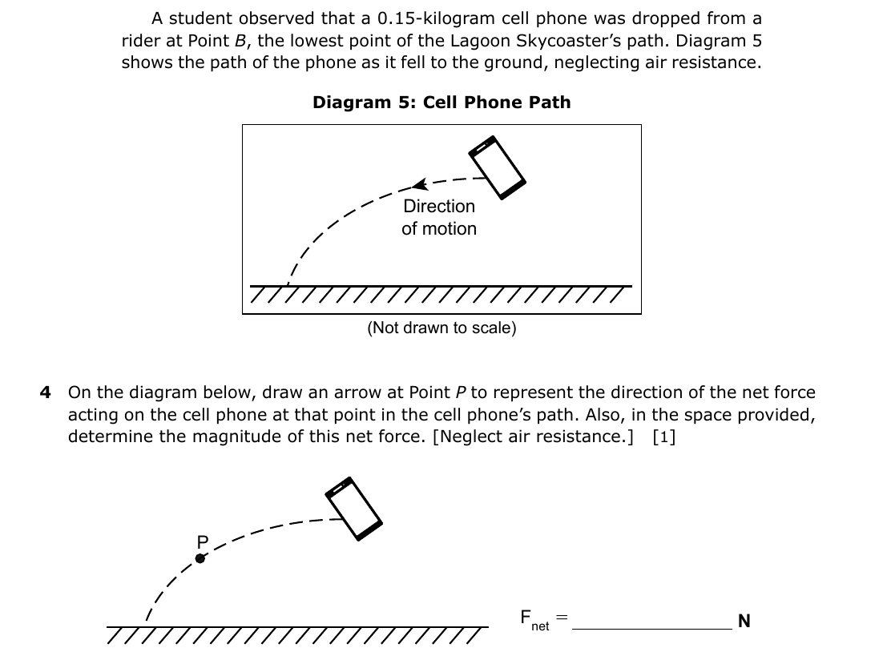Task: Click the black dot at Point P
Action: pyautogui.click(x=200, y=558)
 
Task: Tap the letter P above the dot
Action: pyautogui.click(x=203, y=541)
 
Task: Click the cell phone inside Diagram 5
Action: pyautogui.click(x=498, y=167)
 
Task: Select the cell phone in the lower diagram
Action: pyautogui.click(x=353, y=509)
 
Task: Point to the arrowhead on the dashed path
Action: pyautogui.click(x=420, y=184)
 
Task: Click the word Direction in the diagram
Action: pyautogui.click(x=439, y=206)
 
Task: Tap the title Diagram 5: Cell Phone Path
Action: pyautogui.click(x=441, y=102)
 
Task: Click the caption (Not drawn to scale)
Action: pyautogui.click(x=441, y=328)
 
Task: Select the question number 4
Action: pyautogui.click(x=45, y=392)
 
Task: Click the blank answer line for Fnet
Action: pyautogui.click(x=652, y=628)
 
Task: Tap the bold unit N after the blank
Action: pyautogui.click(x=744, y=621)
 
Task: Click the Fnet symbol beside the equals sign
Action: pyautogui.click(x=534, y=620)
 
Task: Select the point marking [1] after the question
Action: pyautogui.click(x=664, y=437)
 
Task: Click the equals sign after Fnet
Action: pyautogui.click(x=562, y=617)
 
